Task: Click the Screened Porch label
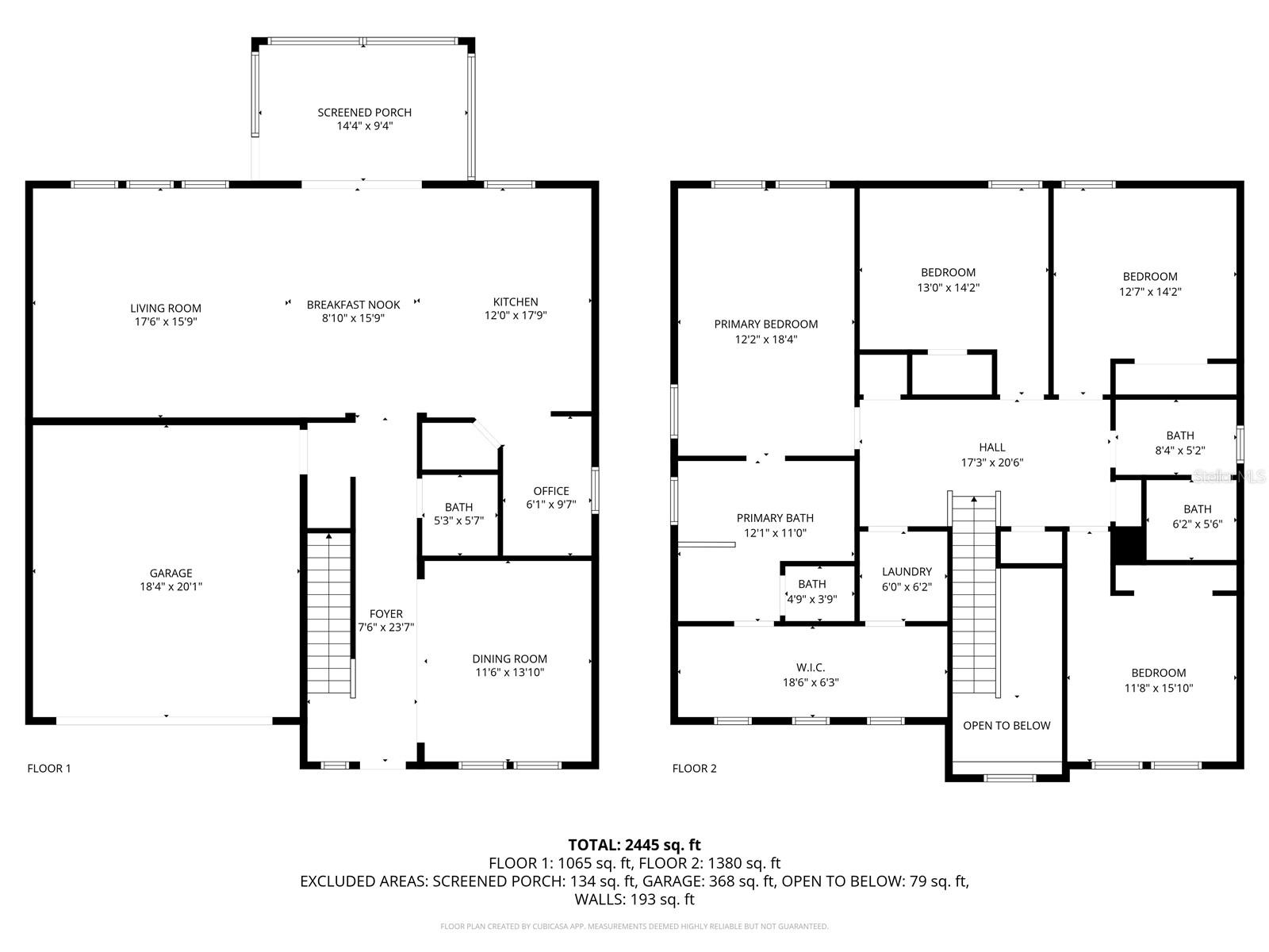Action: [x=364, y=113]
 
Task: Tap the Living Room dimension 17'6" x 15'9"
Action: [x=167, y=322]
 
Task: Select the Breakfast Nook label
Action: [x=353, y=305]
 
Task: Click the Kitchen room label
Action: [x=516, y=301]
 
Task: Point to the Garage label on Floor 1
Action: [x=171, y=573]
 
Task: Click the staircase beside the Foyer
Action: [x=329, y=615]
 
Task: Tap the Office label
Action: [x=550, y=491]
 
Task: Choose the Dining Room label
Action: [x=509, y=658]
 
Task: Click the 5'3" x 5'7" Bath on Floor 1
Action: [x=458, y=514]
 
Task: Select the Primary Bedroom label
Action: [x=765, y=324]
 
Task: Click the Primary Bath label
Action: [x=775, y=518]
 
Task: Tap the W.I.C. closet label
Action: [x=811, y=668]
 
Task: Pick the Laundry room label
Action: [x=907, y=571]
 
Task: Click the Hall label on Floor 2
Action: [x=991, y=447]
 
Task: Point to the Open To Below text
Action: [x=1006, y=725]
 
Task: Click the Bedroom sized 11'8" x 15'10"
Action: [x=1158, y=681]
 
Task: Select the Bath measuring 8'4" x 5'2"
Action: [x=1179, y=443]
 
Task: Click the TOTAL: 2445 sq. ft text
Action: [x=634, y=845]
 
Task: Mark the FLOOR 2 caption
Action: [x=694, y=768]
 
